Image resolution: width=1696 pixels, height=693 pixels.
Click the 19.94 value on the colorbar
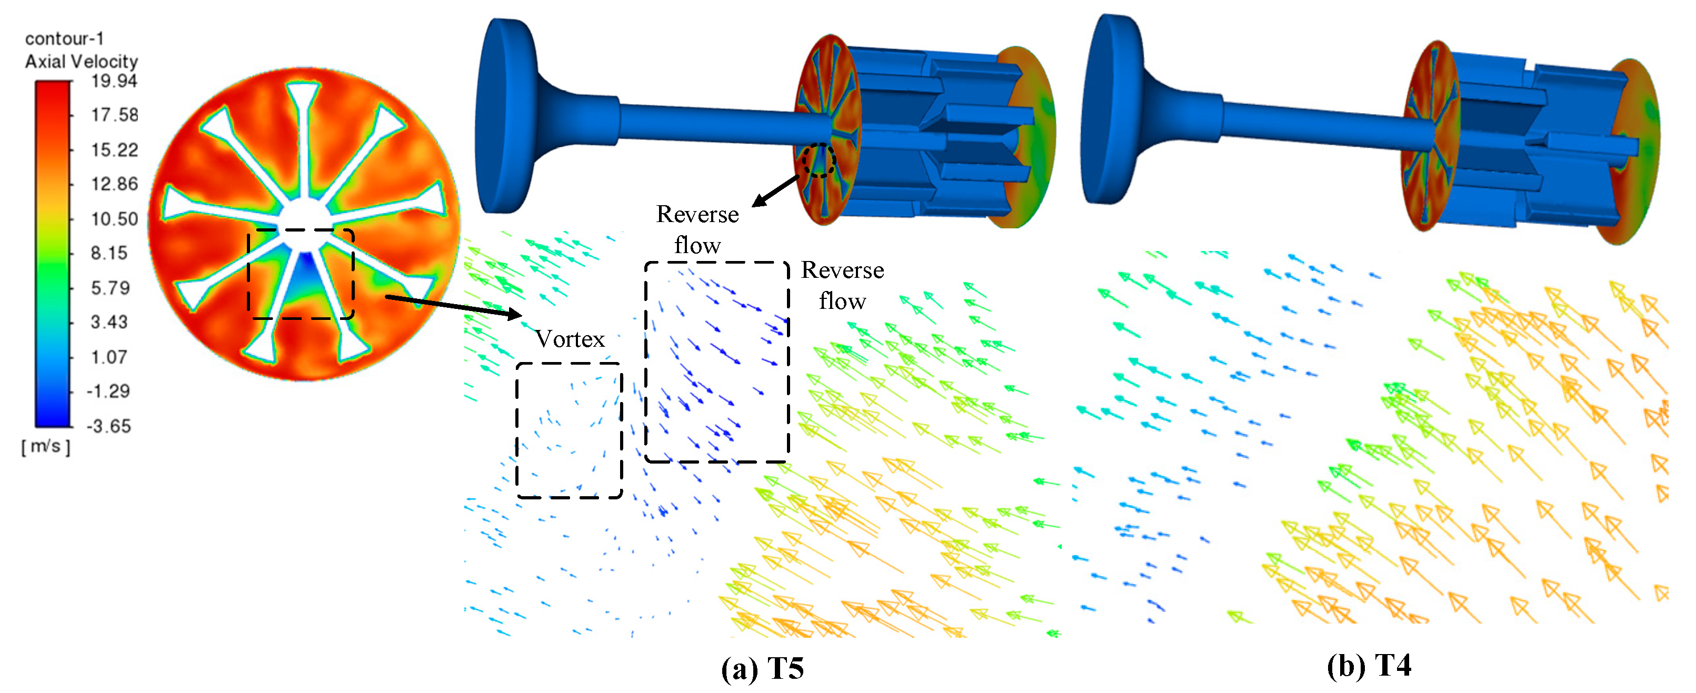pyautogui.click(x=114, y=81)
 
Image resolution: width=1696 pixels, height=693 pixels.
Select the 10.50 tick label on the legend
pyautogui.click(x=114, y=218)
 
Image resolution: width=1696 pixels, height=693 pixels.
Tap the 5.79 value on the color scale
pyautogui.click(x=110, y=288)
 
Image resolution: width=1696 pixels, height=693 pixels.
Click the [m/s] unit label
pyautogui.click(x=45, y=446)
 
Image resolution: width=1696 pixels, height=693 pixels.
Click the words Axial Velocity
pyautogui.click(x=81, y=61)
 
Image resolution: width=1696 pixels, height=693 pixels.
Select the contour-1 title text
pyautogui.click(x=64, y=39)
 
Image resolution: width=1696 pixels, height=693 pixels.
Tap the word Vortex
pyautogui.click(x=570, y=339)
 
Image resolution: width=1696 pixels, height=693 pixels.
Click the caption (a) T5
pyautogui.click(x=762, y=669)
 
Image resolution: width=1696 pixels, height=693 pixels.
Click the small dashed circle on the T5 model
pyautogui.click(x=819, y=160)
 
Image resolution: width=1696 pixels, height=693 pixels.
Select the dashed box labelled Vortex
pyautogui.click(x=569, y=430)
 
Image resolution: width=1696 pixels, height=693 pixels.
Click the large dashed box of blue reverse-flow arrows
pyautogui.click(x=716, y=362)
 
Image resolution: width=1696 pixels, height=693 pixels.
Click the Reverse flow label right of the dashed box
pyautogui.click(x=842, y=285)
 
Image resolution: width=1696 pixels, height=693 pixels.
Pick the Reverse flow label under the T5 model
pyautogui.click(x=697, y=229)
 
